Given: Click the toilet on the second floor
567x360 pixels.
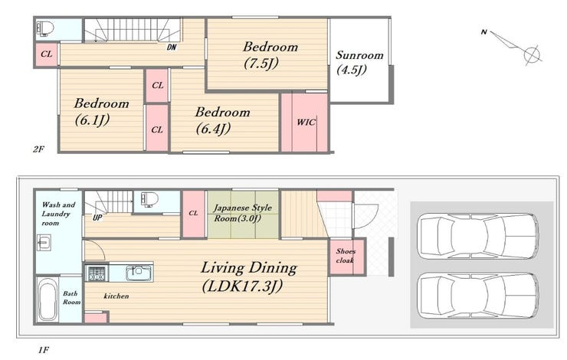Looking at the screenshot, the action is pos(45,28).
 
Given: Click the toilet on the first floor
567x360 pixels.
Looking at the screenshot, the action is pos(149,199).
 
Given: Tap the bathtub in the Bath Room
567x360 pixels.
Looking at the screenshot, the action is pos(48,299).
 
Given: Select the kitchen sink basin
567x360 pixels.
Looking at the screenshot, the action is pos(139,273).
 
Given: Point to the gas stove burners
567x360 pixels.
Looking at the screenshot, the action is pos(97,273).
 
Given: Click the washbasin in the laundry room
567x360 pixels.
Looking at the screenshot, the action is pos(44,243).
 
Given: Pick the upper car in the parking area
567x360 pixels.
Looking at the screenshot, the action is pos(477,236).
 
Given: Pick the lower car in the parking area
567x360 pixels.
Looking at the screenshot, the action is pos(477,296).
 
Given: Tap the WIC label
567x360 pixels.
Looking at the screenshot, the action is pos(306,122).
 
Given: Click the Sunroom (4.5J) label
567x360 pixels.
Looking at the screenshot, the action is pos(359,62).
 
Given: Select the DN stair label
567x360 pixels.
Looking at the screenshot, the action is pos(172,47).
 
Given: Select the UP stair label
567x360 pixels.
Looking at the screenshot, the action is pos(97,218).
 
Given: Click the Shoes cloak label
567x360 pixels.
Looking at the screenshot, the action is pos(346,256).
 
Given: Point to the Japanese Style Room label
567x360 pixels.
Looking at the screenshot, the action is pos(242,213).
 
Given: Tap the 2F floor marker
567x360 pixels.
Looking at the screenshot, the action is pos(38,149).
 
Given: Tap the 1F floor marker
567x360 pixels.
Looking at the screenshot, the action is pos(44,350).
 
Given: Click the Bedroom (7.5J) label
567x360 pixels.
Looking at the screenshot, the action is pos(270,55).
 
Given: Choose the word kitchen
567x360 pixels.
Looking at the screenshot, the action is pos(116,296).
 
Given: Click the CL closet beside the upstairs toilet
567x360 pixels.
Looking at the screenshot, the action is pos(46,54).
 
